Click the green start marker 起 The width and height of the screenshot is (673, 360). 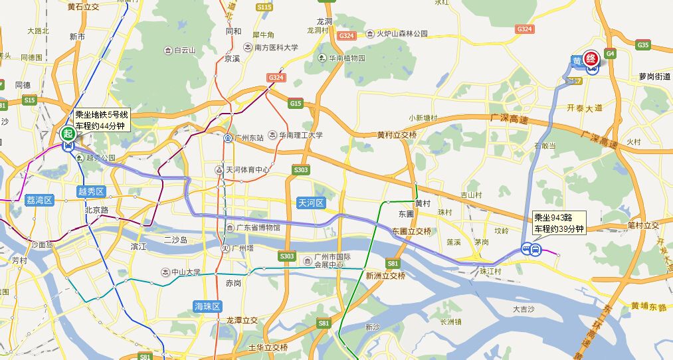(67, 132)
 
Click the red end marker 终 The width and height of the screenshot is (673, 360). (590, 57)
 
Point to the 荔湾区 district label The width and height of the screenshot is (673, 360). (39, 200)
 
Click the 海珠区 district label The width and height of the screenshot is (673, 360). (207, 306)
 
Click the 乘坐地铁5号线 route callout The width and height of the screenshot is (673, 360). (100, 120)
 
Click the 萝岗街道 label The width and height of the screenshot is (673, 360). (652, 77)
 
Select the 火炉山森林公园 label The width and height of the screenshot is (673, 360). (401, 33)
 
